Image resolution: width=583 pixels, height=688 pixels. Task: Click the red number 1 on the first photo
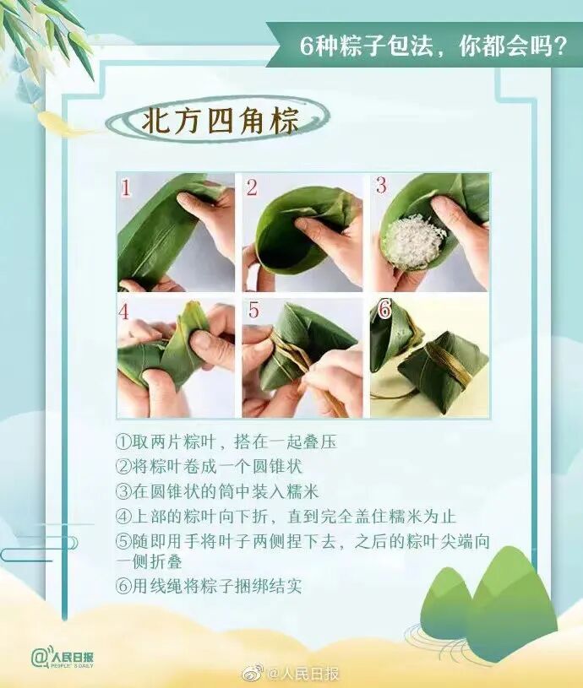point(127,188)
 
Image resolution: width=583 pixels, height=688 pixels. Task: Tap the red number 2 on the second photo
point(252,187)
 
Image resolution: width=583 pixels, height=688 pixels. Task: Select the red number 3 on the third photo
point(380,185)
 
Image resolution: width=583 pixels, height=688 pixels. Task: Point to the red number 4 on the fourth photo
point(124,312)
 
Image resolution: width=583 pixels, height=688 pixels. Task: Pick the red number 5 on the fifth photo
point(253,310)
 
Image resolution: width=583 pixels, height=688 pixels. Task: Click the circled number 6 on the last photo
point(385,310)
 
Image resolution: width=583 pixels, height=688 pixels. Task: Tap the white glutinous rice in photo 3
point(411,243)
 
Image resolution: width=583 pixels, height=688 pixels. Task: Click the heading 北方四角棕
point(220,120)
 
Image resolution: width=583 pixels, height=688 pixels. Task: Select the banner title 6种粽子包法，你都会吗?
point(433,46)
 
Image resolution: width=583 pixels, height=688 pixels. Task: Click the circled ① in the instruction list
point(123,442)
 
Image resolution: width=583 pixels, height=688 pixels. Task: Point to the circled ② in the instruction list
point(123,467)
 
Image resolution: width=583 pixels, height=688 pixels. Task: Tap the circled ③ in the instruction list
point(123,491)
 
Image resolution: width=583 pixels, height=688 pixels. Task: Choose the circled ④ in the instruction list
point(123,516)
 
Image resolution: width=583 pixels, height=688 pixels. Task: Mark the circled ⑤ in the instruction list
point(123,541)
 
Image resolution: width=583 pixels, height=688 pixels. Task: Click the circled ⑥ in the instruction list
point(123,586)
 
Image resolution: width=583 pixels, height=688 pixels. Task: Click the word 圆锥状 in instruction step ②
point(277,467)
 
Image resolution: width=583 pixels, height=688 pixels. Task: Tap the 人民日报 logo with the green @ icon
point(63,658)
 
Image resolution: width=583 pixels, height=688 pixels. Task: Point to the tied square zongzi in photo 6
point(443,370)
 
